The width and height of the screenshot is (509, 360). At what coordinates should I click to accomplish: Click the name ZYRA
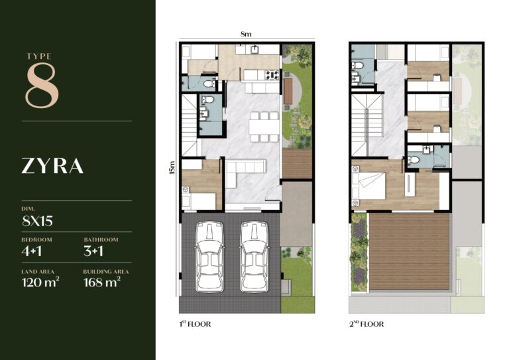(x=52, y=166)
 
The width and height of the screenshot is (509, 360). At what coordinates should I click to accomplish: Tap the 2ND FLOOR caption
(x=366, y=324)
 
